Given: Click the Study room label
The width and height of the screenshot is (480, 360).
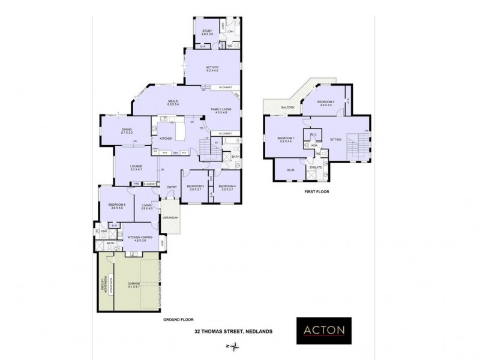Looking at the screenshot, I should pyautogui.click(x=208, y=32).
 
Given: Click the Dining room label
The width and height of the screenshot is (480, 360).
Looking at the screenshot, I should pyautogui.click(x=127, y=131).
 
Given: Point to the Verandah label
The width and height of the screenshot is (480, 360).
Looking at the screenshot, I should pyautogui.click(x=171, y=217).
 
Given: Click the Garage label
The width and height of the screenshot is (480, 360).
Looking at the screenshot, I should pyautogui.click(x=133, y=285).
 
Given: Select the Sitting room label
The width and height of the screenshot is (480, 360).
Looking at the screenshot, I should pyautogui.click(x=335, y=139).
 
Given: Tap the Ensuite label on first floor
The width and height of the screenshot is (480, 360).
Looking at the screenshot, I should pyautogui.click(x=316, y=167).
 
